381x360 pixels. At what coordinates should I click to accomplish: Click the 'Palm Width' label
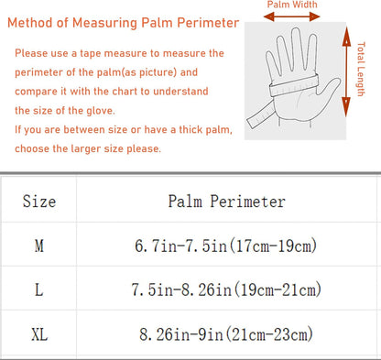click(x=292, y=5)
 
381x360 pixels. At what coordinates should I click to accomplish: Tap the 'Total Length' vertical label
click(x=361, y=70)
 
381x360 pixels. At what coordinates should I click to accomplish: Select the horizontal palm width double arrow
click(x=291, y=16)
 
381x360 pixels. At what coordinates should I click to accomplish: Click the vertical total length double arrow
click(x=346, y=72)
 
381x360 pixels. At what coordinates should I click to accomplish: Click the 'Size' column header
click(x=39, y=202)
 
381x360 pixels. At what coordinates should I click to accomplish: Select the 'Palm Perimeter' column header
click(x=227, y=202)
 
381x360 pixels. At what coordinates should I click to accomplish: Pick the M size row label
click(x=39, y=245)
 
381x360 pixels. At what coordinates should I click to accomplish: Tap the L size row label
click(x=38, y=289)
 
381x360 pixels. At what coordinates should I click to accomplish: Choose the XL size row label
click(x=39, y=334)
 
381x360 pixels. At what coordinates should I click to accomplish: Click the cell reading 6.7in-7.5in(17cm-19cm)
click(x=226, y=245)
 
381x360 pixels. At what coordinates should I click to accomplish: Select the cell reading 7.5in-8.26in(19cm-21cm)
click(x=226, y=289)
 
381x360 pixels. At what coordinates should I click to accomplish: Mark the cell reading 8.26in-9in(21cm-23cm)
click(x=226, y=334)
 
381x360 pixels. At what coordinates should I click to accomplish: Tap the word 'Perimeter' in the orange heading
click(x=208, y=23)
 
